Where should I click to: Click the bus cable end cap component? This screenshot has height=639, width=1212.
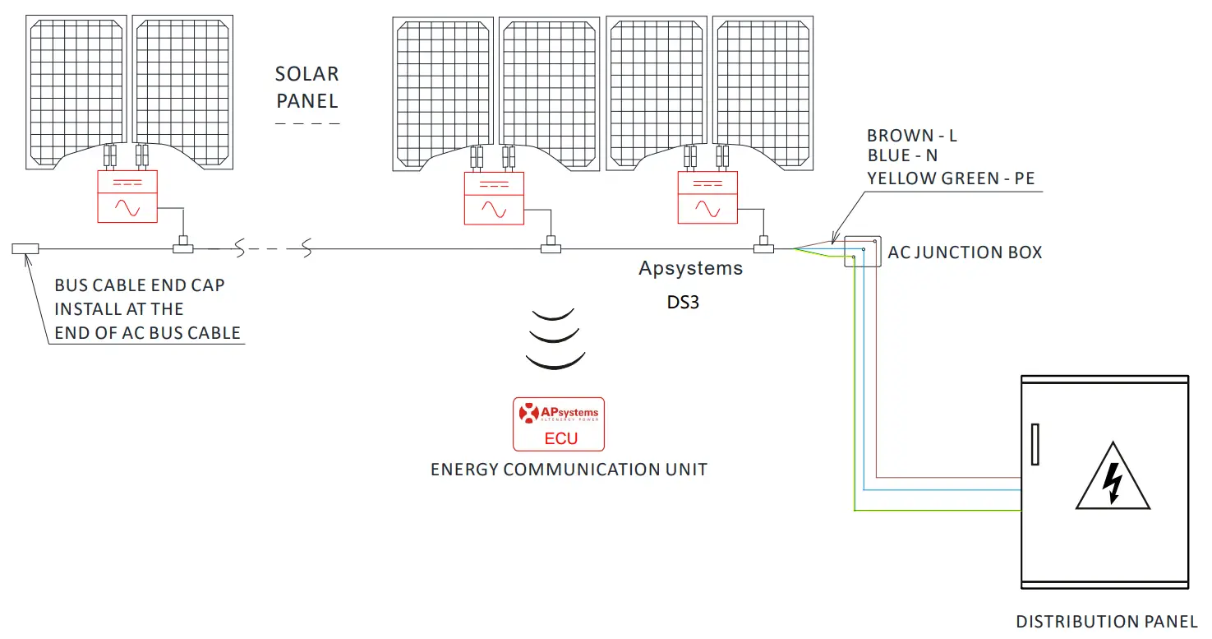(x=25, y=248)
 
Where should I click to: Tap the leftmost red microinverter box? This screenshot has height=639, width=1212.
(x=127, y=197)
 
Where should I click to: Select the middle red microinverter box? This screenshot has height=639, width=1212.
(x=494, y=198)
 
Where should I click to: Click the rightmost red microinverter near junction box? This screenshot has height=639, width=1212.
(x=707, y=197)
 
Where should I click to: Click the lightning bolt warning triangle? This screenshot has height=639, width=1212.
(x=1113, y=479)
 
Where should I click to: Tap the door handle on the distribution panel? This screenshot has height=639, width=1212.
(x=1035, y=445)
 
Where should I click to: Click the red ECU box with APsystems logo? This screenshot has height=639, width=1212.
(x=559, y=424)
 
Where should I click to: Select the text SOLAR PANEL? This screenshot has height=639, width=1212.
(x=306, y=87)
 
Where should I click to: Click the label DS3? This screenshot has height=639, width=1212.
(x=683, y=303)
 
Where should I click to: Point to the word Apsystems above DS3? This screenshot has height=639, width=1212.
(x=690, y=269)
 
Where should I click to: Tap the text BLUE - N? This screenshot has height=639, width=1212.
(x=902, y=156)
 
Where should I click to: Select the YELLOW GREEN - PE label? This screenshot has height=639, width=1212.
(x=950, y=178)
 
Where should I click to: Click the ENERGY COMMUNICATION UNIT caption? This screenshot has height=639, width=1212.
(x=569, y=470)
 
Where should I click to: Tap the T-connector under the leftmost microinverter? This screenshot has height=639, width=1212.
(x=182, y=246)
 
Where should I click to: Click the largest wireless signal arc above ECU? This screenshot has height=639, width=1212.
(x=555, y=359)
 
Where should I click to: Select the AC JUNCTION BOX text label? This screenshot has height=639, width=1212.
(x=965, y=252)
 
